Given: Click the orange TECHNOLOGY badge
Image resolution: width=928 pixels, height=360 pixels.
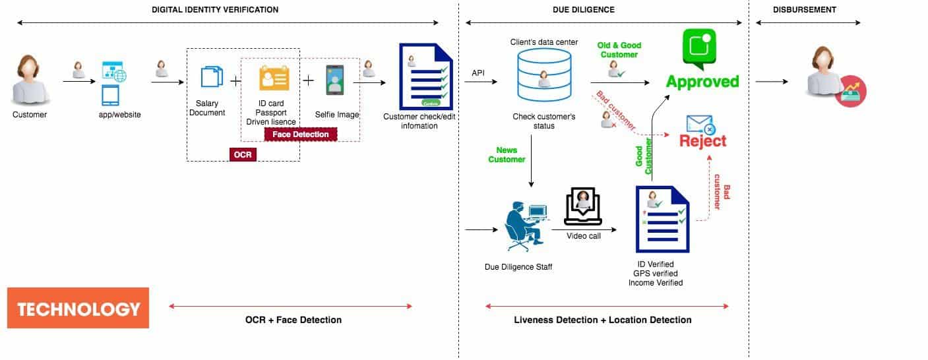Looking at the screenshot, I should (78, 308).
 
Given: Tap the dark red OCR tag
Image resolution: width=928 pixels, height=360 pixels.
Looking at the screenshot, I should (243, 154).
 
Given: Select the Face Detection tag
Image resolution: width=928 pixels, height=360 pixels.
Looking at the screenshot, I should (300, 135).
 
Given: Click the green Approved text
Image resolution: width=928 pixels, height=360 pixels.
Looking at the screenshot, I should (702, 82).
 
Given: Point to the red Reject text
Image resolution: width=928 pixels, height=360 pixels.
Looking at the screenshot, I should (702, 140).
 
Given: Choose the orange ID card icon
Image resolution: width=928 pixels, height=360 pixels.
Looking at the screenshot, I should (274, 80).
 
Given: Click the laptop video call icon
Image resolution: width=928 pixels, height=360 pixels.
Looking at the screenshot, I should (583, 206).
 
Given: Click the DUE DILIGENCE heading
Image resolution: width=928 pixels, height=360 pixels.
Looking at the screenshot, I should (583, 10).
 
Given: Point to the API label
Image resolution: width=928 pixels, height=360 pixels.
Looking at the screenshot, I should (479, 73).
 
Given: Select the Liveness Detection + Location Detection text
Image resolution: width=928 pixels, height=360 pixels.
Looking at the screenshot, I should (602, 320).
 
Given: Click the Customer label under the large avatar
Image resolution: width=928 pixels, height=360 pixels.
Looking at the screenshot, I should (30, 115).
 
